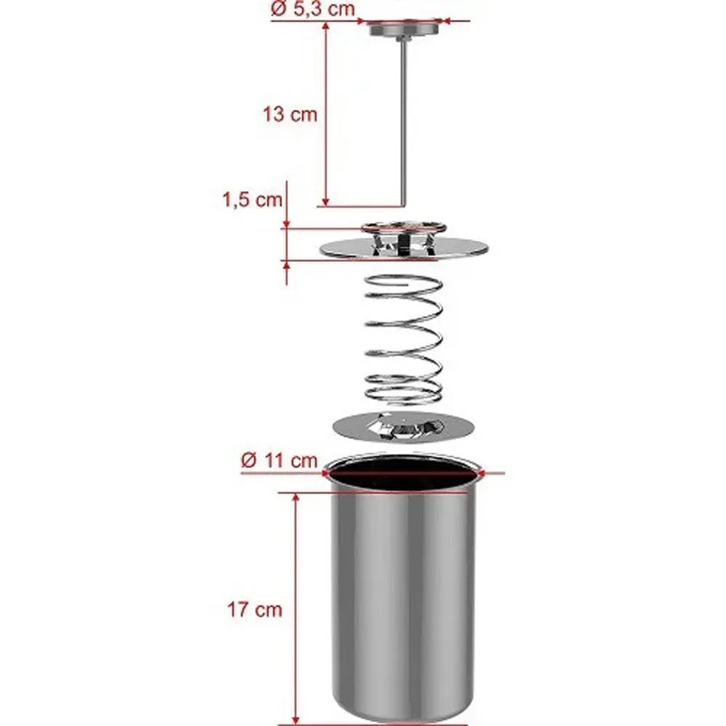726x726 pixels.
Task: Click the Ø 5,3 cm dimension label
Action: [x=312, y=8]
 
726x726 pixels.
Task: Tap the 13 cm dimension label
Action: [x=290, y=115]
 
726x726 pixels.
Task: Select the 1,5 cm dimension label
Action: [x=253, y=200]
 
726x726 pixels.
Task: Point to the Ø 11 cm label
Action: [x=280, y=460]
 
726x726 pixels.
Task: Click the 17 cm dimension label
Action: [x=255, y=609]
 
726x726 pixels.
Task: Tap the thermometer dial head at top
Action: [x=404, y=28]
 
